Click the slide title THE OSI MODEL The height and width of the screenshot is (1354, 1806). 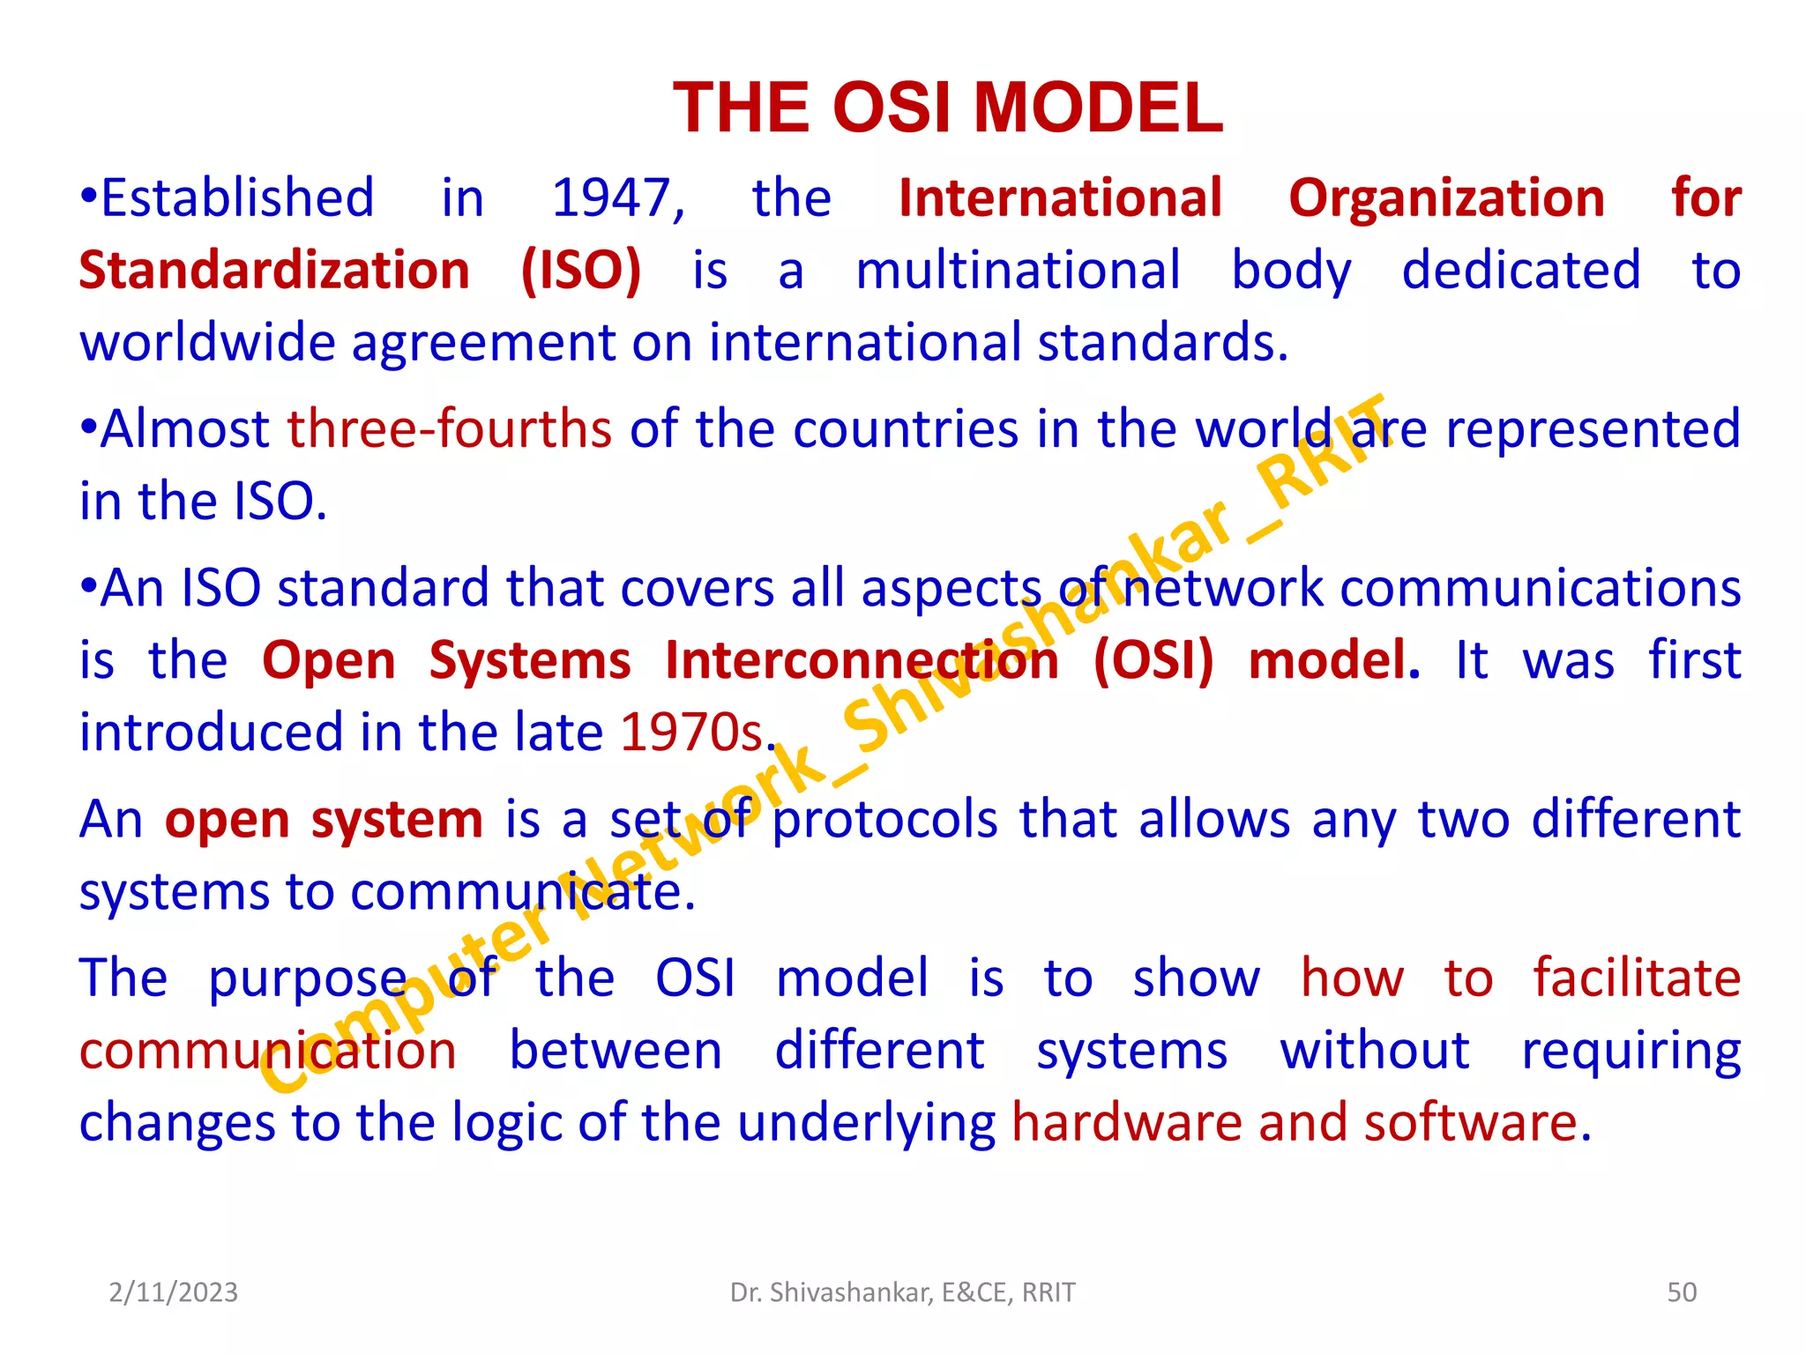[948, 108]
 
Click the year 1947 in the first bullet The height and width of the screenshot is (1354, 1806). [617, 198]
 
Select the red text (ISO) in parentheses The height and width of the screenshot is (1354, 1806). [581, 271]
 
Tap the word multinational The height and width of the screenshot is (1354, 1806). [1018, 271]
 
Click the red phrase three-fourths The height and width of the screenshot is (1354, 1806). [450, 429]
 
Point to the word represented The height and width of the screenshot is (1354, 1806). [1593, 429]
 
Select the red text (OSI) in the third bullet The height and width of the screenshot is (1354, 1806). [1153, 661]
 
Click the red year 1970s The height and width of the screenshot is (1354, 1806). [691, 733]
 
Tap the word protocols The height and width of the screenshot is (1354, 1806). [885, 820]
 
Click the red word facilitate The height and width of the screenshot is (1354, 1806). [1637, 978]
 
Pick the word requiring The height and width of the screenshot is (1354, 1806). [1631, 1052]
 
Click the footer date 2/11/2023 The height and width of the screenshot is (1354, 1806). [174, 1292]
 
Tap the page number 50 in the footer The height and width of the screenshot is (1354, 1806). [1682, 1292]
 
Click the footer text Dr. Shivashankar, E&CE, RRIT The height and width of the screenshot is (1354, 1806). [903, 1292]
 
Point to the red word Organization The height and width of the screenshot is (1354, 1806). [1446, 198]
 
